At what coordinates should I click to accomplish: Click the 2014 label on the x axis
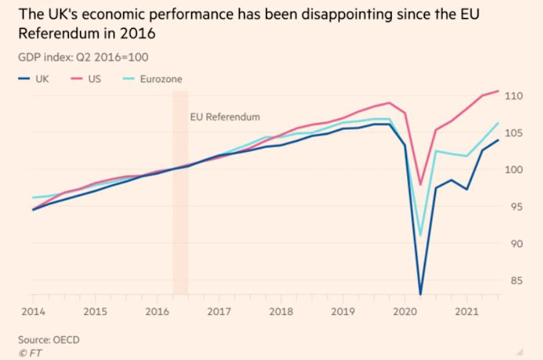pyautogui.click(x=33, y=312)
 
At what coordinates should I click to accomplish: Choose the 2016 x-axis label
pyautogui.click(x=157, y=312)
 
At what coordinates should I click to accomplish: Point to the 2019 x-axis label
pyautogui.click(x=343, y=312)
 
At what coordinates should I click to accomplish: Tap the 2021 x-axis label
pyautogui.click(x=466, y=312)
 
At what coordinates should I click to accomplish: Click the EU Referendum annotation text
pyautogui.click(x=224, y=116)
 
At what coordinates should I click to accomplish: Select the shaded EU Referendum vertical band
pyautogui.click(x=180, y=212)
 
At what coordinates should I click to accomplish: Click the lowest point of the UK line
pyautogui.click(x=420, y=294)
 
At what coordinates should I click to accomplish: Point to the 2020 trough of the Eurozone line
pyautogui.click(x=420, y=235)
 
